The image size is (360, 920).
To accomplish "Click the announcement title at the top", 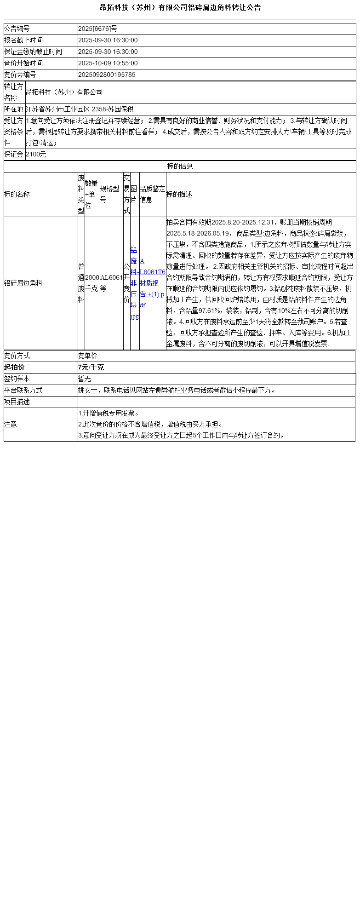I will point(180,7).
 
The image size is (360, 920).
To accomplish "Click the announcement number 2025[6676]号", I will point(97,29).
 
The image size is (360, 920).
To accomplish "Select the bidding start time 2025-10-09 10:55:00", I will point(108,63).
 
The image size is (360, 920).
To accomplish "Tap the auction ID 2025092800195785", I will point(107,75).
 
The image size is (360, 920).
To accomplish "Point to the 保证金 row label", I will point(14,155).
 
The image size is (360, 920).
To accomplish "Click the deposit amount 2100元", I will point(36,155).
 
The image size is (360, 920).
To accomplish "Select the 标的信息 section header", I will point(180,167).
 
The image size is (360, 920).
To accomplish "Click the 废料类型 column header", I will point(81,195).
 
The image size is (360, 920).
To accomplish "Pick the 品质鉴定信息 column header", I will point(152,195).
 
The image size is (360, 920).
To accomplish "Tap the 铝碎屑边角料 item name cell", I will point(23,283).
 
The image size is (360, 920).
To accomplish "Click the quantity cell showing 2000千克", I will point(92,283).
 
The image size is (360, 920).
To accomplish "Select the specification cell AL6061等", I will point(111,283).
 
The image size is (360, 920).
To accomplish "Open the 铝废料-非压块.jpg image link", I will point(134,283).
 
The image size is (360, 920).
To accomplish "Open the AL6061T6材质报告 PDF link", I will point(152,283).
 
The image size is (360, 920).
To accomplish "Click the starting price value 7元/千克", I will point(91,368).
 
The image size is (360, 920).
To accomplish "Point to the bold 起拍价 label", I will point(14,368).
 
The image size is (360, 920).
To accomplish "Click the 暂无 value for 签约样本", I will point(85,379).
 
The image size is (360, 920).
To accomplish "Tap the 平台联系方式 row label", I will point(23,391).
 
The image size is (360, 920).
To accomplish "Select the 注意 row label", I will point(11,425).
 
